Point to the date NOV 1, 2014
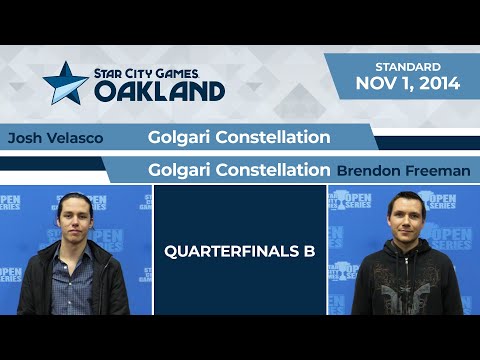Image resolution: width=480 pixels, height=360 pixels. (x=408, y=84)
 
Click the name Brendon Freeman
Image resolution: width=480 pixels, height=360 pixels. (x=403, y=171)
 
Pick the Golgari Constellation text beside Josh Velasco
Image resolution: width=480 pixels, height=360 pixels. (x=239, y=136)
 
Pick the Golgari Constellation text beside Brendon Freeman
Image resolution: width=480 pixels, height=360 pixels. (x=239, y=170)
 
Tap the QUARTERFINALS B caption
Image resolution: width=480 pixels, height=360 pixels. (x=239, y=251)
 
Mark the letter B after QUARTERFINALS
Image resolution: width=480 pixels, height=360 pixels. (x=309, y=251)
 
